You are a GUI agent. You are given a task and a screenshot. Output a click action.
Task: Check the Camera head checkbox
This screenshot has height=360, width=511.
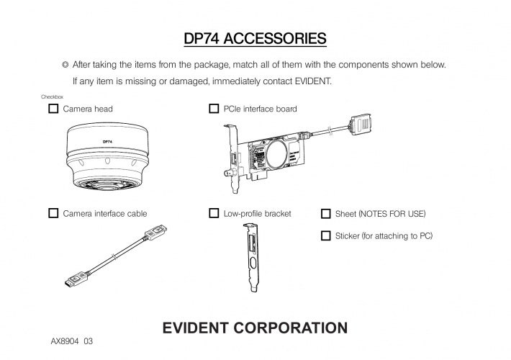coord(53,109)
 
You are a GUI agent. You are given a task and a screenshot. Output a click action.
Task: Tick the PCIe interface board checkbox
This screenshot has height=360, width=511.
coord(214,109)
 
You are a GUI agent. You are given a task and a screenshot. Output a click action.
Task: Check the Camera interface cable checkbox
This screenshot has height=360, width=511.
coord(53,213)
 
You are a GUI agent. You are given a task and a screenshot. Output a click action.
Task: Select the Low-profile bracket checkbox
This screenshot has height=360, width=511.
coord(214,213)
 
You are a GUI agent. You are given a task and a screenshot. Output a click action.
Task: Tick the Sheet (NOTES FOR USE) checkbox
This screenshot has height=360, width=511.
coord(325,214)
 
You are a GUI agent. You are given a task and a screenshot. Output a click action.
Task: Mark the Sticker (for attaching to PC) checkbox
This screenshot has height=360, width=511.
coord(325,235)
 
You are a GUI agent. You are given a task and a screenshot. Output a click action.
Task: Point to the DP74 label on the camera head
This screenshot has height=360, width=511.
coord(107,142)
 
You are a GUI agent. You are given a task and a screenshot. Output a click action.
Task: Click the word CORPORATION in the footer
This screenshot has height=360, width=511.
coord(297,328)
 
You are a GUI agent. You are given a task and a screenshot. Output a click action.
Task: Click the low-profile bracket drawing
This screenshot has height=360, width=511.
coord(252,256)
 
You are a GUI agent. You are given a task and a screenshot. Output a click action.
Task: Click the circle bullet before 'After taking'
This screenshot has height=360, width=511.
coord(65,65)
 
